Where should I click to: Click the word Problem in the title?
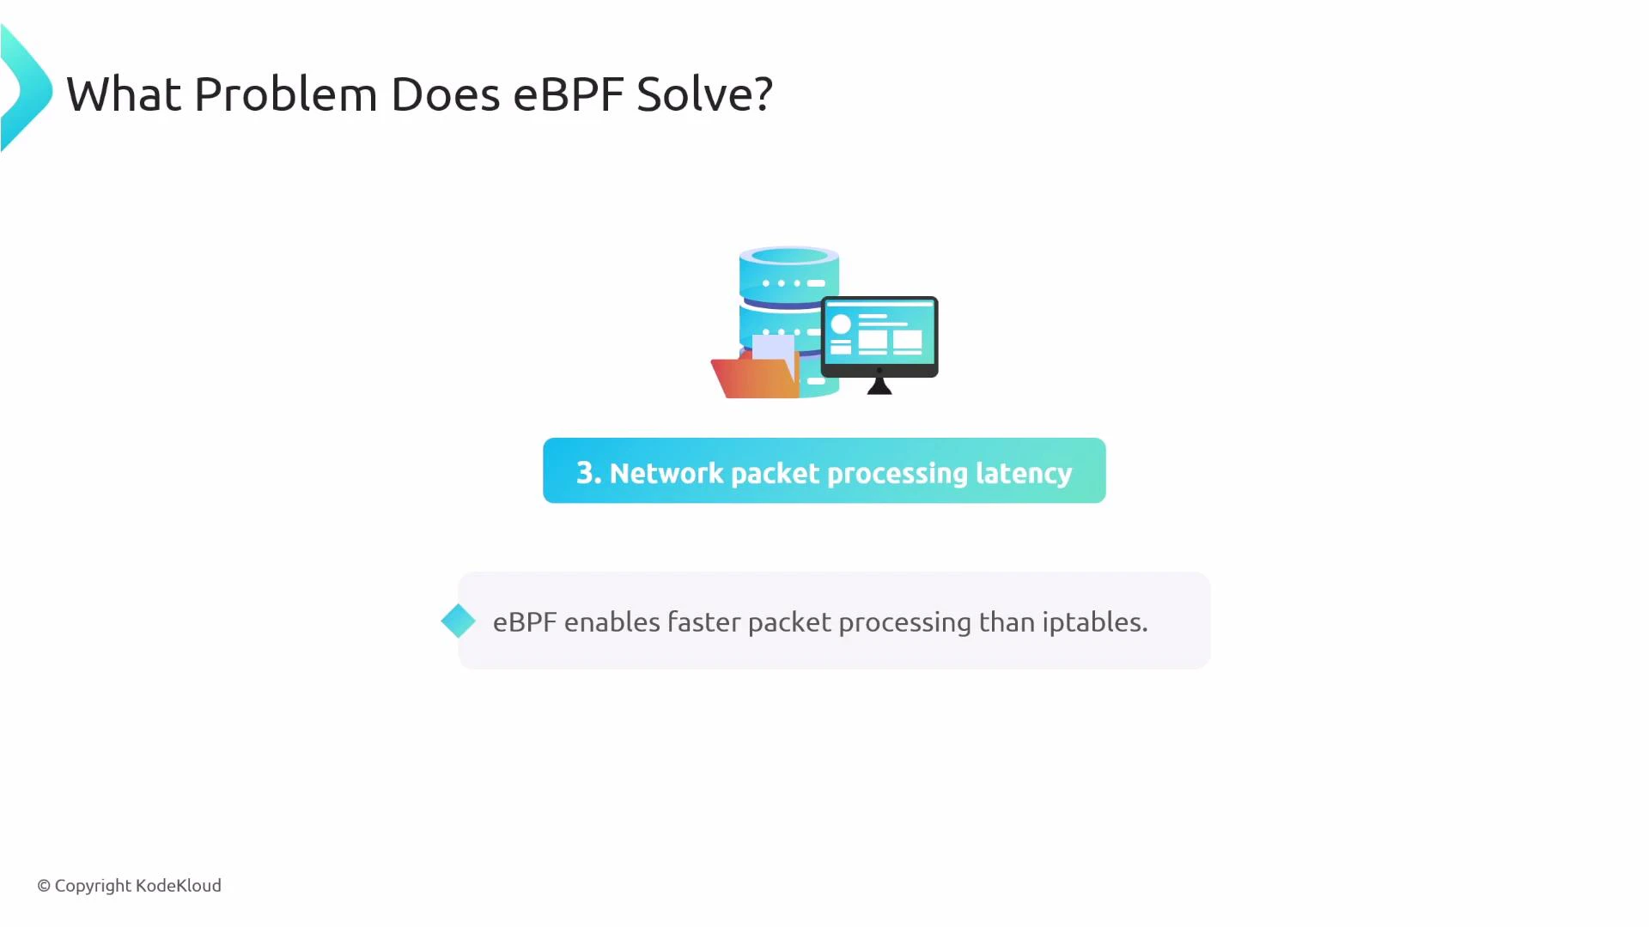tap(285, 94)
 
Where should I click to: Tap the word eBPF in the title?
tap(568, 94)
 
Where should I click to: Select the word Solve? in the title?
tap(704, 94)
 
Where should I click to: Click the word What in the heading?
tap(124, 94)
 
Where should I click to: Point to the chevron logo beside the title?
tap(26, 89)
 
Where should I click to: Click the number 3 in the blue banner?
tap(586, 473)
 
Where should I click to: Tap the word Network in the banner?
tap(666, 473)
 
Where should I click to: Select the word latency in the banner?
tap(1024, 473)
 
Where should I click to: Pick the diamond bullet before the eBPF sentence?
tap(458, 621)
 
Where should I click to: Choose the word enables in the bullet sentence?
tap(612, 622)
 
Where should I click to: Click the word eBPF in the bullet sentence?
tap(524, 622)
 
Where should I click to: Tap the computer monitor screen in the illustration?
tap(879, 333)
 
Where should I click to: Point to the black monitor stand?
tap(879, 385)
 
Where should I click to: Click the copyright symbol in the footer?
tap(44, 886)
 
